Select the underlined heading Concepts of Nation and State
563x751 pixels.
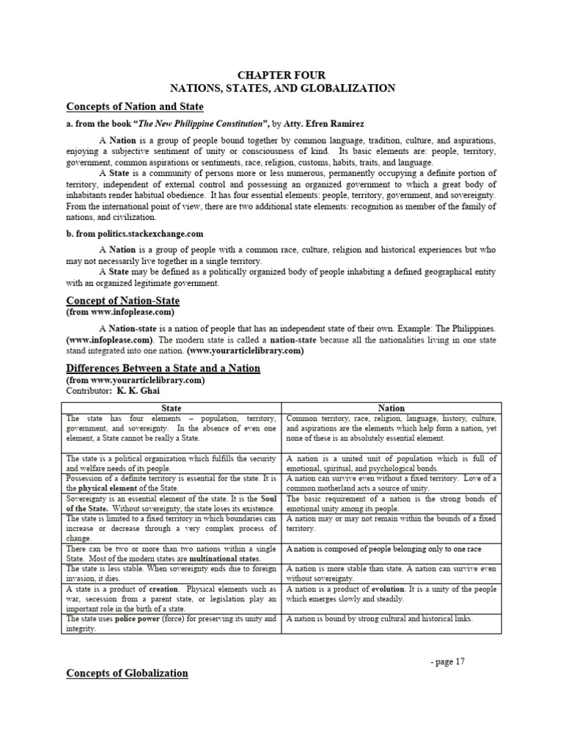(x=135, y=107)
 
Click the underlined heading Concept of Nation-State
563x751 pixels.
(x=122, y=301)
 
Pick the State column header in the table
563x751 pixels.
(x=171, y=408)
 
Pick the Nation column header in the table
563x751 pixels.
(x=391, y=408)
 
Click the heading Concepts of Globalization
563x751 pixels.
(x=127, y=673)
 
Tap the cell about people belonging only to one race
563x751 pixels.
(x=383, y=549)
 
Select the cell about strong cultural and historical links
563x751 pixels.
(x=378, y=619)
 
